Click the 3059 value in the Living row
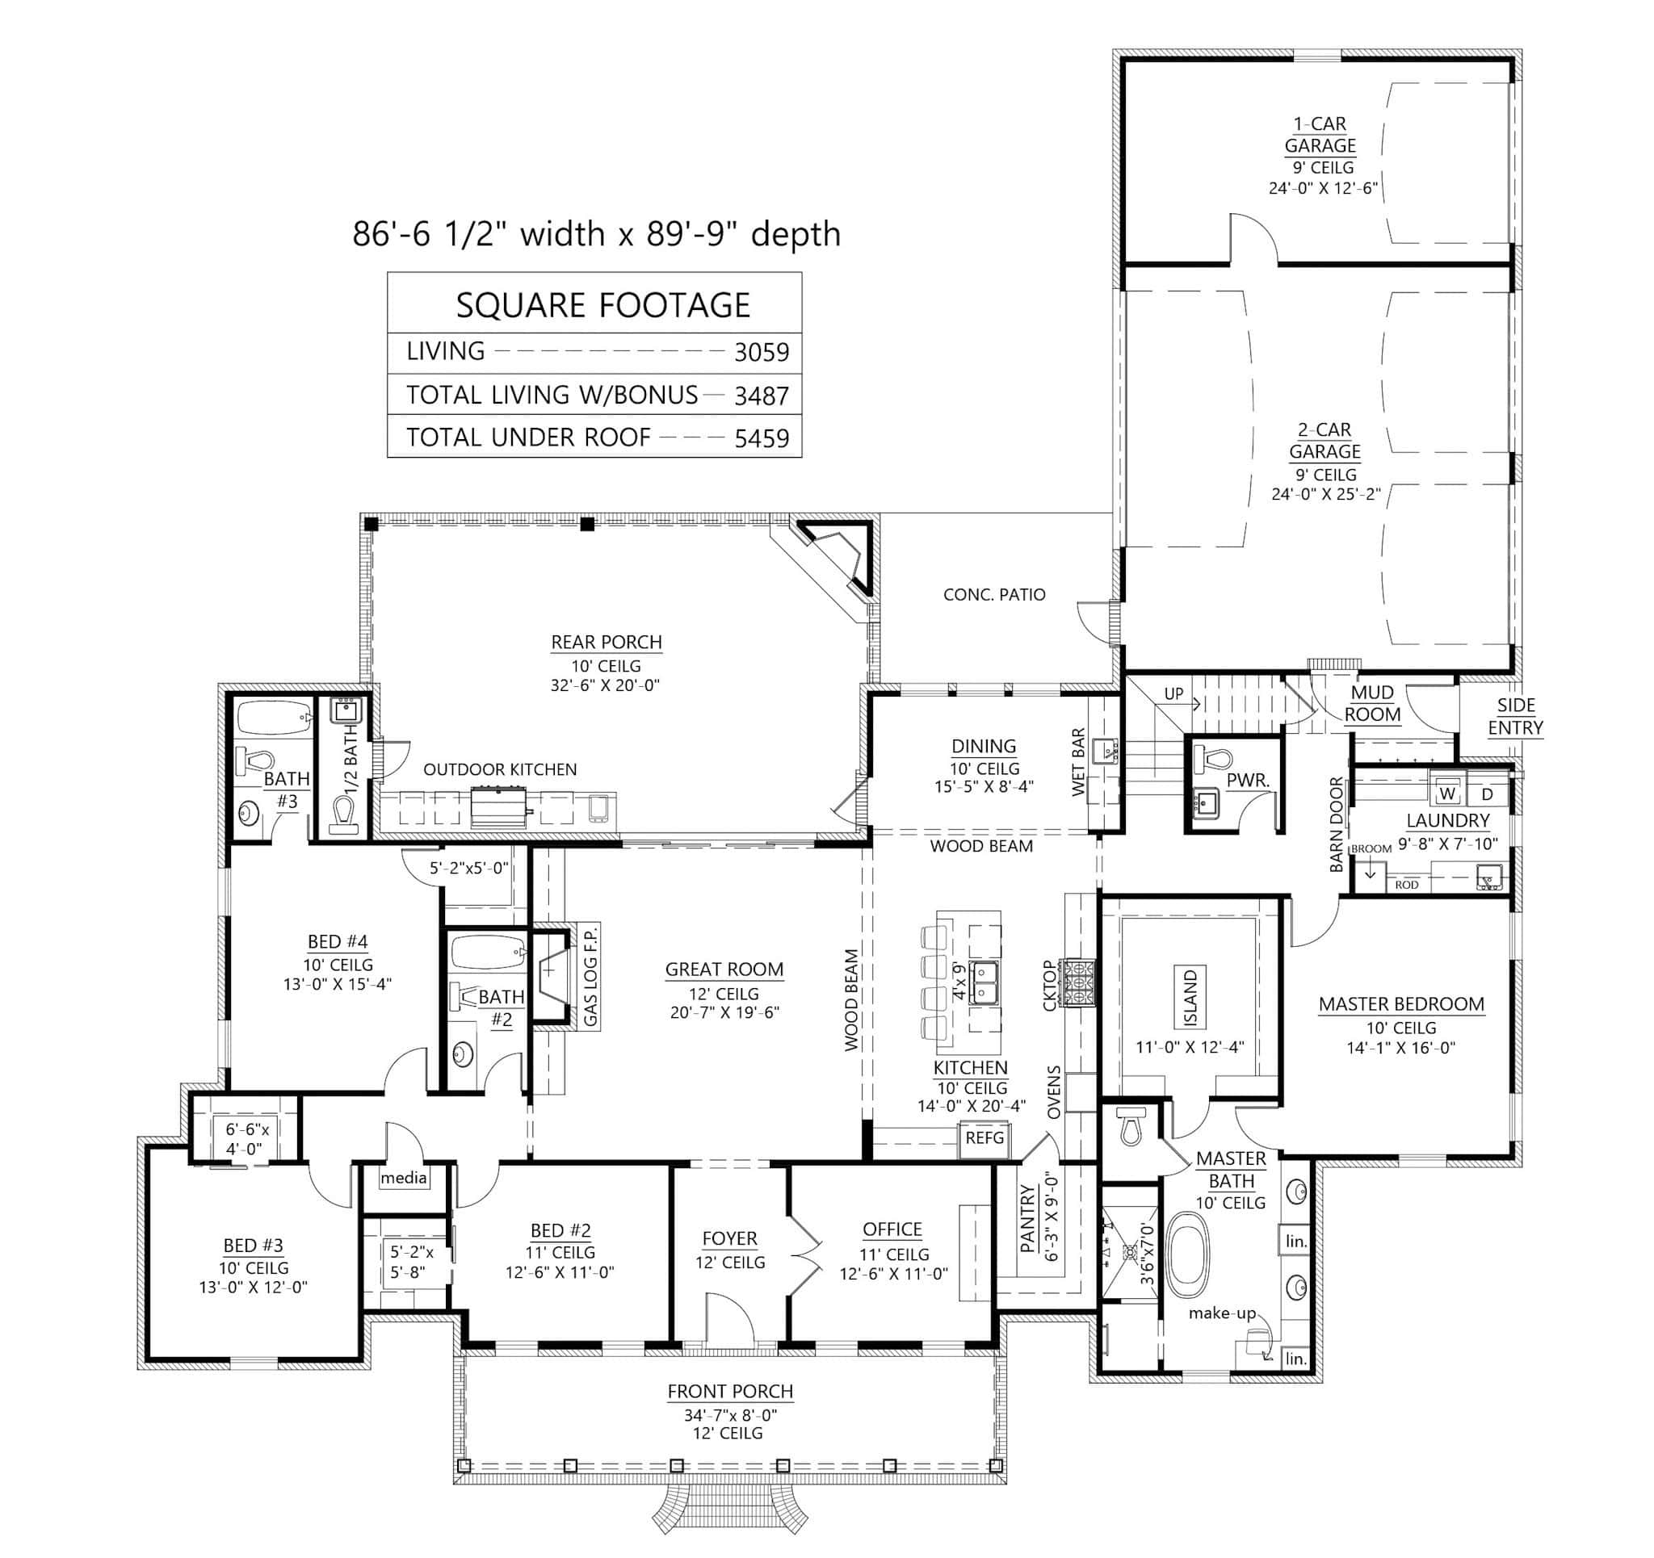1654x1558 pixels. coord(761,353)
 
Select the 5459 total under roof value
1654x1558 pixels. coord(761,438)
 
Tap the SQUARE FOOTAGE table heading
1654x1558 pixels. coord(602,305)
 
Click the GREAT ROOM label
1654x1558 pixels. coord(724,969)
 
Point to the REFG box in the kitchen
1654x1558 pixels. coord(984,1138)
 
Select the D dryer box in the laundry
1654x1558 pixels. coord(1487,794)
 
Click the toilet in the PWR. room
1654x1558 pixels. coord(1214,759)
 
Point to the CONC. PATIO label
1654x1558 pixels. coord(993,595)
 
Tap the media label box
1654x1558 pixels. coord(404,1178)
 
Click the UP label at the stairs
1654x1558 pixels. coord(1173,693)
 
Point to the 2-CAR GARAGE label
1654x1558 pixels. coord(1324,441)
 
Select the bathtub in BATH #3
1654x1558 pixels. coord(273,717)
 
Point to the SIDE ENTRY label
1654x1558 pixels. coord(1515,716)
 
